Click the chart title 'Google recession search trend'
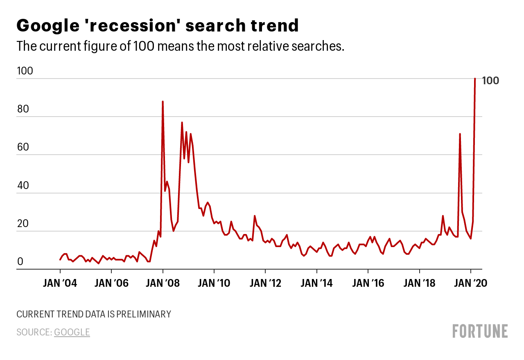[158, 26]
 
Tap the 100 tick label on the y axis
[25, 71]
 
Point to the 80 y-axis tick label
[23, 109]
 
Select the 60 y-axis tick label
[23, 147]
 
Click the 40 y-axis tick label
[23, 185]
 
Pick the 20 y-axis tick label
[23, 223]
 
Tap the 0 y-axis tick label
[20, 262]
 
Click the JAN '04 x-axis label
[60, 283]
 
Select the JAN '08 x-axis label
[163, 283]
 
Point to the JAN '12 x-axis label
[265, 283]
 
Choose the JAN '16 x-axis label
[368, 283]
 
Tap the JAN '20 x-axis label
[471, 283]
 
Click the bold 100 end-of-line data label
[490, 81]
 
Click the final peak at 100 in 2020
[475, 79]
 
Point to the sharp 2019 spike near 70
[460, 134]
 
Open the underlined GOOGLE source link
[72, 332]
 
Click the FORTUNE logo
[480, 331]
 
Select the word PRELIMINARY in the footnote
[143, 314]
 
